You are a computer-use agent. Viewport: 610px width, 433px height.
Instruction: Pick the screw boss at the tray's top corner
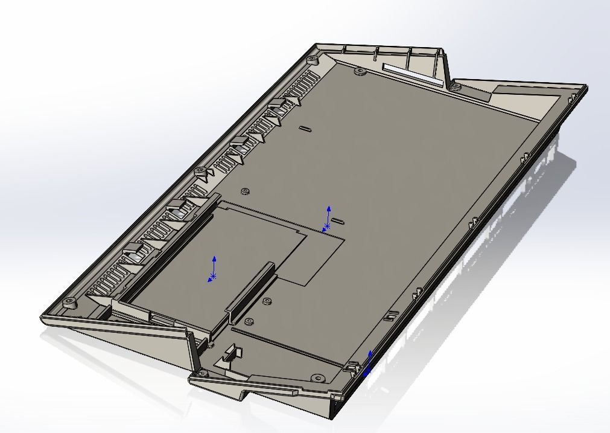(x=313, y=59)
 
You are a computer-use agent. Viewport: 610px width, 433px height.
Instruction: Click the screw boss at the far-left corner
(x=69, y=301)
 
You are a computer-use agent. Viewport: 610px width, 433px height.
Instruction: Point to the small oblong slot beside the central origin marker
(x=338, y=221)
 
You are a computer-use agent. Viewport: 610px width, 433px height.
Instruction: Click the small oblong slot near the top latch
(x=305, y=128)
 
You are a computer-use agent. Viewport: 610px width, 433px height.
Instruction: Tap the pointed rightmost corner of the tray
(x=583, y=89)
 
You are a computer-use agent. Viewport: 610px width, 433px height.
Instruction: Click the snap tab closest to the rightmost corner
(x=524, y=157)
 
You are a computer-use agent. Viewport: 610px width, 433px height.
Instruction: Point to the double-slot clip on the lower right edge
(x=391, y=315)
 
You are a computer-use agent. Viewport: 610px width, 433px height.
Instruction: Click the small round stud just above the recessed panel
(x=245, y=191)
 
